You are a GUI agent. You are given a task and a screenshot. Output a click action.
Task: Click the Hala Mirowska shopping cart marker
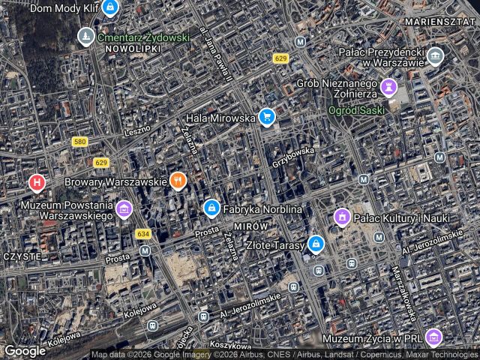click(x=265, y=117)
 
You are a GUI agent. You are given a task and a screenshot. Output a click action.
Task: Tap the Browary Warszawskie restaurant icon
click(x=178, y=180)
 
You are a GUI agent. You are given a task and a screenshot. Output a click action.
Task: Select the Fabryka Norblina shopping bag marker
click(x=211, y=207)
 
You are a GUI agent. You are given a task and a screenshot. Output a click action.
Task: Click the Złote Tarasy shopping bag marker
click(x=316, y=244)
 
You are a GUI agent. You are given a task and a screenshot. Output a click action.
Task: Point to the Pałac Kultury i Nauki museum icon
click(x=342, y=217)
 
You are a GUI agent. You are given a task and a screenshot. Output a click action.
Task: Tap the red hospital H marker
click(x=36, y=181)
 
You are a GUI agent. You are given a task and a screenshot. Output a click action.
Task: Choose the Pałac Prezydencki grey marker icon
click(x=434, y=55)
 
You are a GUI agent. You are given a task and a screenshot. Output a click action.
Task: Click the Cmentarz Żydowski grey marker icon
click(x=86, y=36)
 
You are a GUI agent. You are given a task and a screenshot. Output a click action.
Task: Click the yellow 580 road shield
click(x=80, y=142)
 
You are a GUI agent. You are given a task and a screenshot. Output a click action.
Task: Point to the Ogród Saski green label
click(x=356, y=109)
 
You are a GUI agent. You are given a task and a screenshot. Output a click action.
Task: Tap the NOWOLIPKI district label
click(x=133, y=48)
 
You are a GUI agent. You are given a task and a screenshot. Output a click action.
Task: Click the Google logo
click(x=25, y=350)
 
